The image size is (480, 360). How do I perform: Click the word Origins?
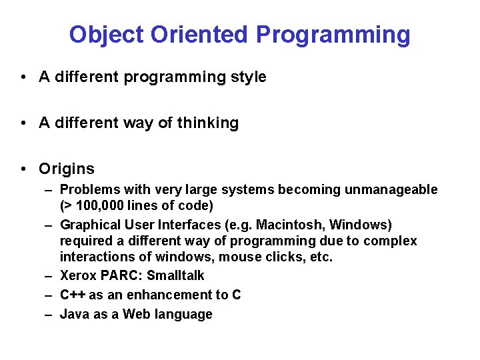[67, 169]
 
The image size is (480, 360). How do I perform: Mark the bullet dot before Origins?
[23, 169]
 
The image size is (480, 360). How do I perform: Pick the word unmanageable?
[391, 190]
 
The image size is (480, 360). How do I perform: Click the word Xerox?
[78, 276]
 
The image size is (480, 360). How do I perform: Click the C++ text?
[72, 295]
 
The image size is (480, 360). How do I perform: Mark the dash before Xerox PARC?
[49, 276]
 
